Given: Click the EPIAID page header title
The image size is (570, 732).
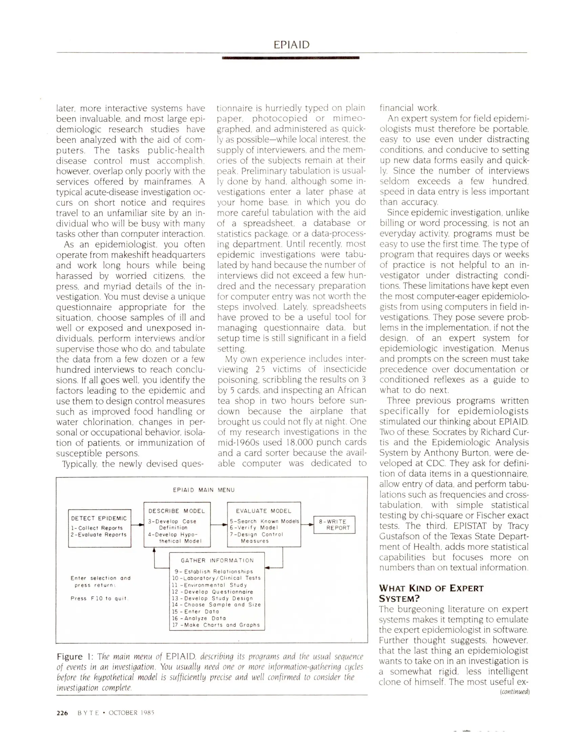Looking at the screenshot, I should pos(291,45).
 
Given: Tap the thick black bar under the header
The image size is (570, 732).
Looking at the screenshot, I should pos(290,58).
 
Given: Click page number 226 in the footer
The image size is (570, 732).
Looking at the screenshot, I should pos(62,712).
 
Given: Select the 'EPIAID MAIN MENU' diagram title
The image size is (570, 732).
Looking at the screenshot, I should pos(203,490).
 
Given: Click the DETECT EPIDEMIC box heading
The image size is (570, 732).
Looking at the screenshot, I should pos(99,518).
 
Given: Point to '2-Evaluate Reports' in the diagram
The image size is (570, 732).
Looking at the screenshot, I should pos(99,534).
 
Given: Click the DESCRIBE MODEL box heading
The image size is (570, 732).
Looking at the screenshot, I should pos(176,511).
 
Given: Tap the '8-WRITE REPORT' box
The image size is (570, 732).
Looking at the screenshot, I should pos(334,525).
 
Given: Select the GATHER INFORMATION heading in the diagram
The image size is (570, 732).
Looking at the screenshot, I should pos(217,561).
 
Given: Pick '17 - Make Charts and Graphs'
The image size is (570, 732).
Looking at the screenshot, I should pos(216,625).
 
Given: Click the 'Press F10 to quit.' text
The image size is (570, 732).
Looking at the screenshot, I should pos(99,598).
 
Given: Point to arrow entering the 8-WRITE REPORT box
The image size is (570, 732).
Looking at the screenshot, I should pos(307,525).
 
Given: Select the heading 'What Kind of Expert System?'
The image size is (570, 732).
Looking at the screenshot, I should pos(431,593).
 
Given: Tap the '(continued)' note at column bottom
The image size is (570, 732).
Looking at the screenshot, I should pos(514,692).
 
